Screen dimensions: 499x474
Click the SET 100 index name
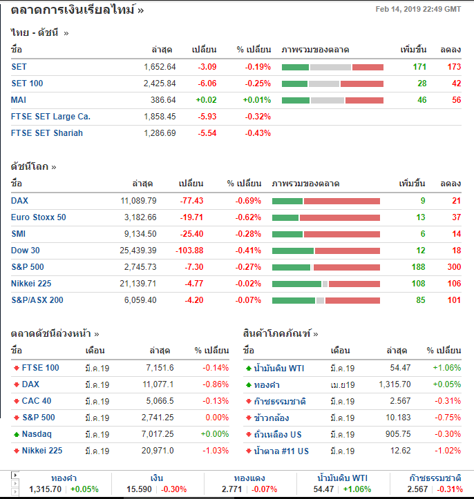(x=27, y=84)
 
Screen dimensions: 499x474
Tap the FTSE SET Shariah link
(x=47, y=133)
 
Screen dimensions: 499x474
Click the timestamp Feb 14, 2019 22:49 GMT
(x=418, y=9)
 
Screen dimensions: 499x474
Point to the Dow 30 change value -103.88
(x=189, y=251)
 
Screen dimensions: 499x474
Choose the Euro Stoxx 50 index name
(x=39, y=217)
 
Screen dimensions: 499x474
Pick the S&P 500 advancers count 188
(x=417, y=267)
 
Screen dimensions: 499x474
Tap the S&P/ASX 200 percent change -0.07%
(x=247, y=300)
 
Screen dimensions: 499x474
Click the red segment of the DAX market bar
(x=342, y=201)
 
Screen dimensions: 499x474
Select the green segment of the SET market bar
(x=295, y=67)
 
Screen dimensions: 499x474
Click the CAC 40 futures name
(x=37, y=401)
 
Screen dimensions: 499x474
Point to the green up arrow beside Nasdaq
(x=16, y=434)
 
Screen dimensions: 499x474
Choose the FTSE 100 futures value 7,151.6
(x=160, y=368)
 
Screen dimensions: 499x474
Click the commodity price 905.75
(x=397, y=434)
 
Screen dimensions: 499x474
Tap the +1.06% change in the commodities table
(x=446, y=368)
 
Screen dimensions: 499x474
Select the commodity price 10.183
(x=397, y=418)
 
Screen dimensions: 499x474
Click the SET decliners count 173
(x=453, y=67)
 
